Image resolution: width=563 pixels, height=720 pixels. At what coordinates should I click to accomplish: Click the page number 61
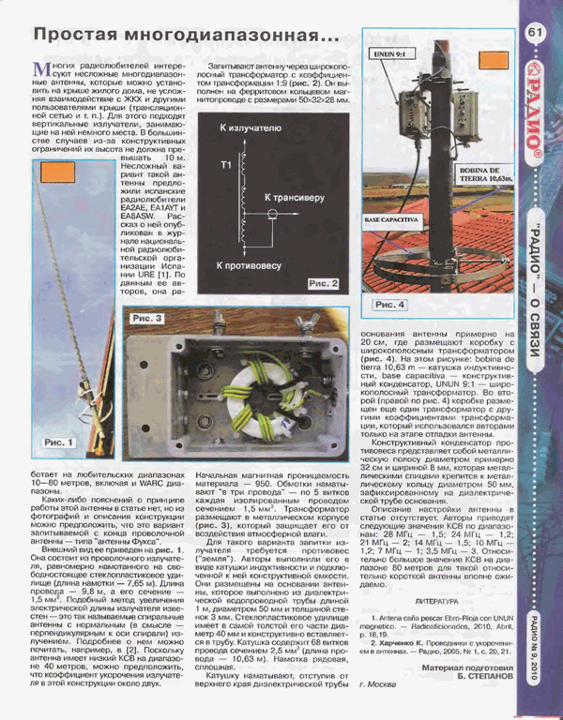click(536, 33)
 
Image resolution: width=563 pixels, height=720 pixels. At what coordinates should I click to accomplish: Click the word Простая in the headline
click(80, 35)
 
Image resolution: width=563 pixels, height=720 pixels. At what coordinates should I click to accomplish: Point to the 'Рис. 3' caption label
click(147, 319)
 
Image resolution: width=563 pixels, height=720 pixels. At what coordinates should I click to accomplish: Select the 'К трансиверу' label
click(297, 198)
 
